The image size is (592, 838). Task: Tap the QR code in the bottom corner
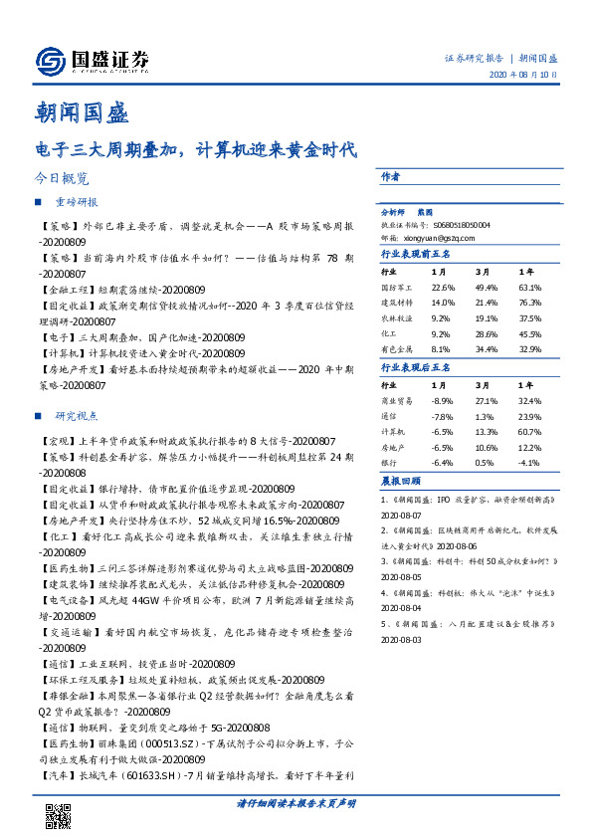pos(60,815)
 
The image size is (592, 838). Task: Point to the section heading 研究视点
pos(76,415)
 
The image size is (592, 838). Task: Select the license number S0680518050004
pos(462,226)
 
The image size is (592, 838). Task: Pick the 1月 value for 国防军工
pos(443,287)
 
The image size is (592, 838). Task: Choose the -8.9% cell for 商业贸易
pos(443,400)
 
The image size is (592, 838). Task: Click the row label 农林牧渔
pos(395,318)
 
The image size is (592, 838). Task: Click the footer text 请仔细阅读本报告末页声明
pos(296,803)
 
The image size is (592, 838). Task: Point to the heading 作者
pos(390,175)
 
